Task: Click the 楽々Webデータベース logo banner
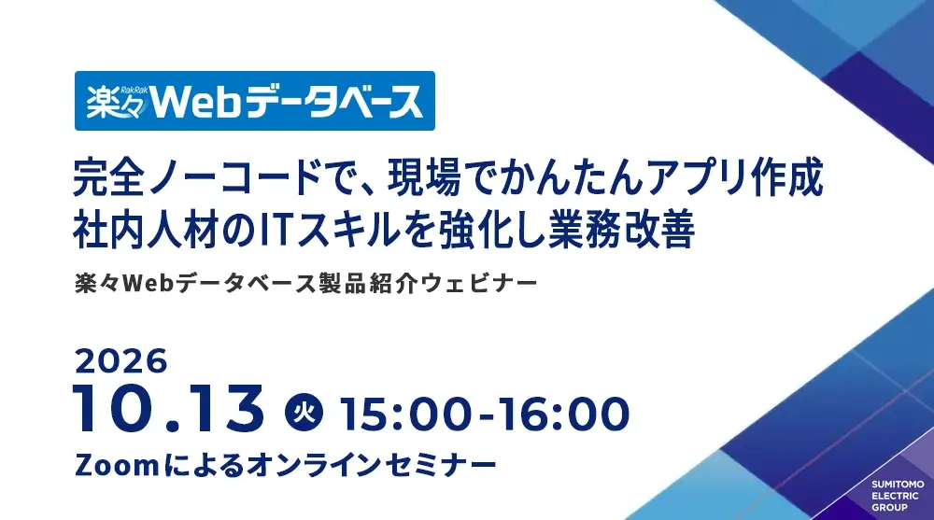(x=254, y=101)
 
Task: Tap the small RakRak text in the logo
(x=134, y=90)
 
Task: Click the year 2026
(x=120, y=361)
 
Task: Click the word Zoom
(x=117, y=465)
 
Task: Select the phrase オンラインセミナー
(x=371, y=465)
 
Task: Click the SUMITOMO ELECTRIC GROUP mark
(x=898, y=496)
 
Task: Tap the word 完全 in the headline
(x=109, y=176)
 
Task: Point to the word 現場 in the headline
(x=424, y=176)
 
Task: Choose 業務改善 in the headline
(x=622, y=230)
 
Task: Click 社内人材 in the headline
(x=145, y=230)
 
